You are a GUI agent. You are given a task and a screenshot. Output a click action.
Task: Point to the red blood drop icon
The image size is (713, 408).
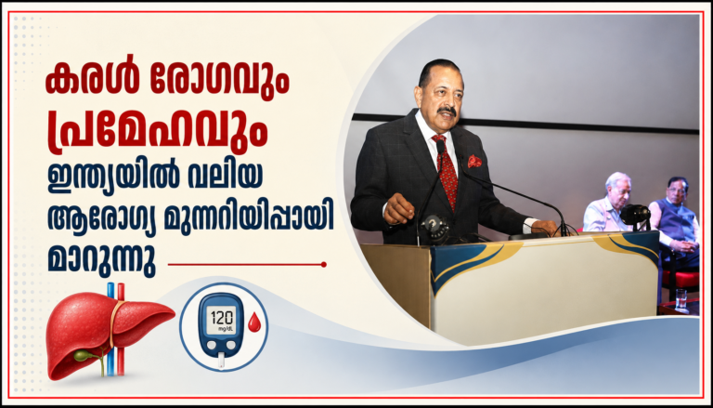click(x=254, y=322)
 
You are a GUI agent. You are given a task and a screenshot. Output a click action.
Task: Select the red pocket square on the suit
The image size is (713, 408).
click(x=474, y=161)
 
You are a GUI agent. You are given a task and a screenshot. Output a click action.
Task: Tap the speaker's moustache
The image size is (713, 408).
click(x=447, y=111)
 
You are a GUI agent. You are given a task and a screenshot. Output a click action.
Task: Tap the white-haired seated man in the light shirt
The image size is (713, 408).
click(x=606, y=202)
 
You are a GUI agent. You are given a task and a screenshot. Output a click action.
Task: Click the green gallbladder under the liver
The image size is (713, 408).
click(x=84, y=355)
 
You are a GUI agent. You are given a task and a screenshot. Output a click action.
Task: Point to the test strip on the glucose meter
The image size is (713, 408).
click(x=221, y=360)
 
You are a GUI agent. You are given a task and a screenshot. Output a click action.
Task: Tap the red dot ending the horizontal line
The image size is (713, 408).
click(x=324, y=264)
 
